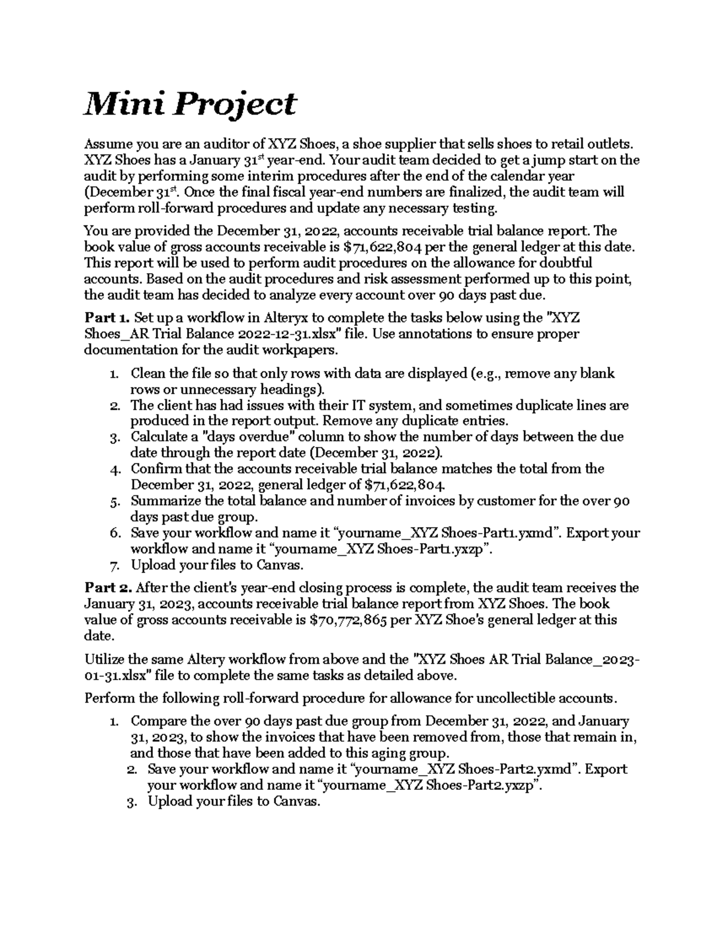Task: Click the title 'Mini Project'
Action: click(190, 104)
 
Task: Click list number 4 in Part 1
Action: click(116, 469)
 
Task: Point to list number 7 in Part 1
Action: click(116, 565)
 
